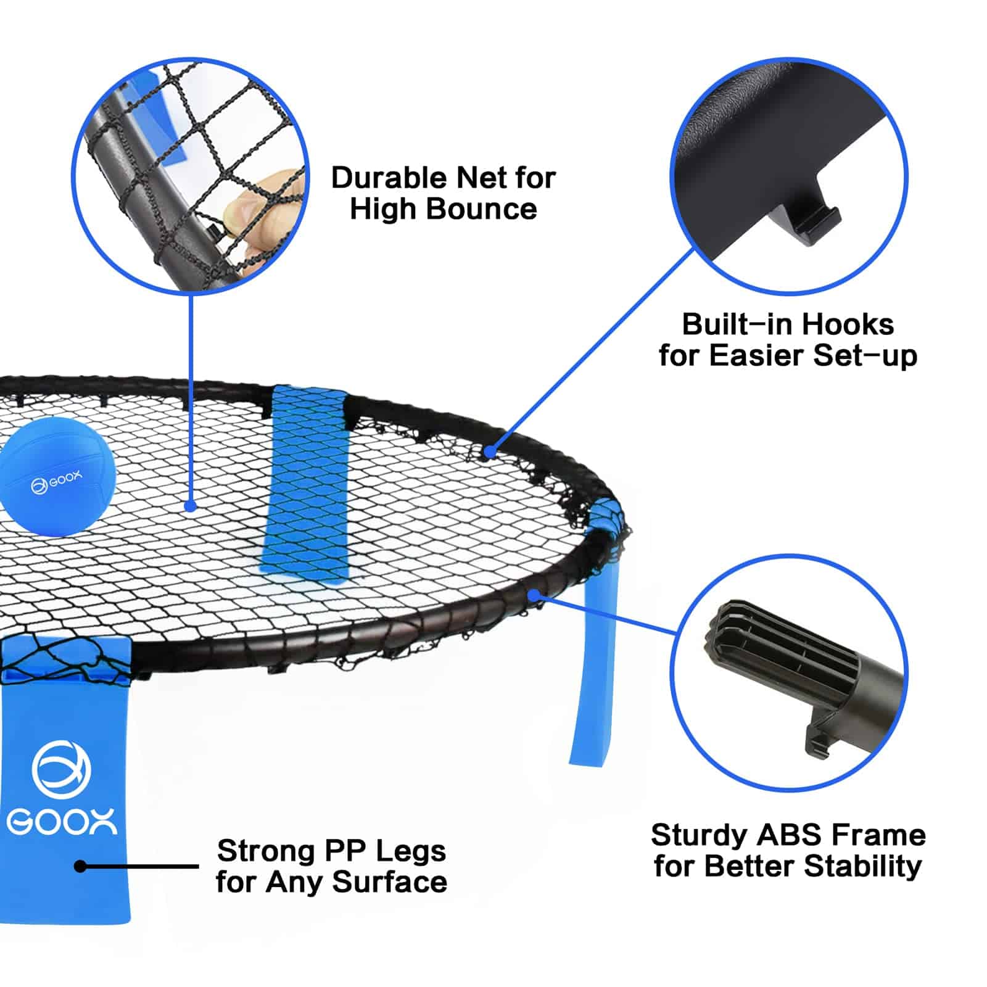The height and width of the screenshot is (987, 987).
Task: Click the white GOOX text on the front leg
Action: (x=62, y=823)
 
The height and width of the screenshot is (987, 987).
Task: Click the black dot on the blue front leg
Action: (x=80, y=866)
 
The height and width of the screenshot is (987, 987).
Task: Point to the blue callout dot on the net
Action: (x=191, y=506)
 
